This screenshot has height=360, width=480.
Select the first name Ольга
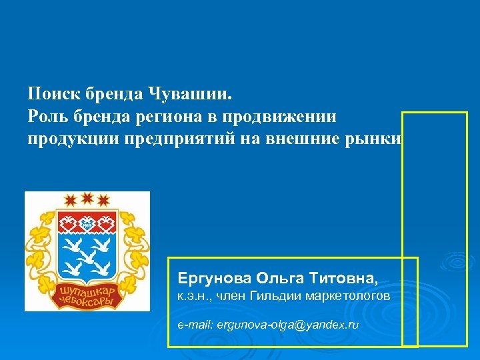[x=271, y=277]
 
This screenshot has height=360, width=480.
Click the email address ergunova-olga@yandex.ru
[x=268, y=325]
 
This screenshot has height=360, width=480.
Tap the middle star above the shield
[x=87, y=197]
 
